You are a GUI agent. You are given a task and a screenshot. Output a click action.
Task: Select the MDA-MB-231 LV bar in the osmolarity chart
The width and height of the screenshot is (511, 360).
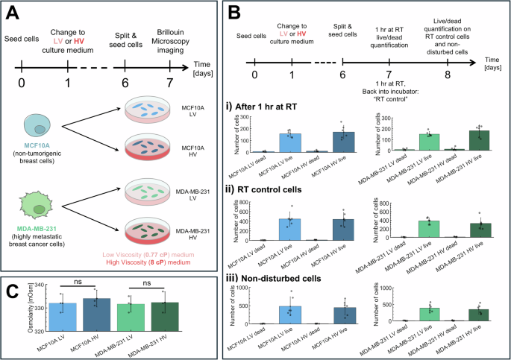click(x=131, y=318)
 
